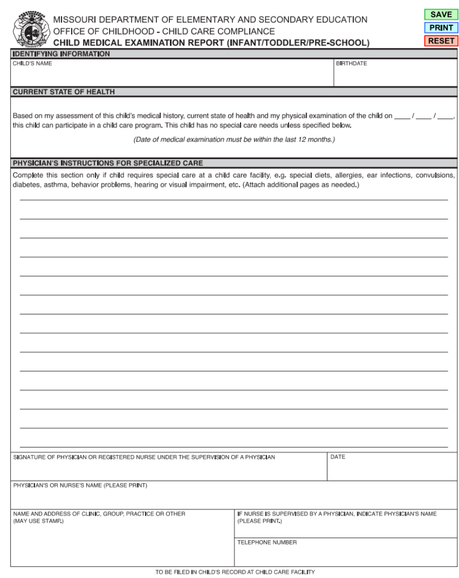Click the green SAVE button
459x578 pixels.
point(440,15)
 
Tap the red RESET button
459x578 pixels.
point(440,41)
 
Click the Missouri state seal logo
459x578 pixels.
point(28,30)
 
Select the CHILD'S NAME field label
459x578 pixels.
point(32,64)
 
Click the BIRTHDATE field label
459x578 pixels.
point(351,64)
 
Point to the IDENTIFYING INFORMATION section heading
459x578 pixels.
point(61,54)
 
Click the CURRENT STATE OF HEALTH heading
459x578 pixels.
point(63,91)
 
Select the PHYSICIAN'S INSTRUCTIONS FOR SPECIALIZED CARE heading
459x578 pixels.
point(107,163)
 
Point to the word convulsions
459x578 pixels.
point(435,175)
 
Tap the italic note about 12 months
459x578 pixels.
point(234,139)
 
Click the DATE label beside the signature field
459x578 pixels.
point(338,457)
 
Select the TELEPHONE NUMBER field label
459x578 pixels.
point(266,542)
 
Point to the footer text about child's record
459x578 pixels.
point(235,572)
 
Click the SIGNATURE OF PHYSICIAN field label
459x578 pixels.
point(144,457)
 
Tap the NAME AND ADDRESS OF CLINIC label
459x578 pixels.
point(99,514)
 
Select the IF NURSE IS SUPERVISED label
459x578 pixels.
point(336,514)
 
